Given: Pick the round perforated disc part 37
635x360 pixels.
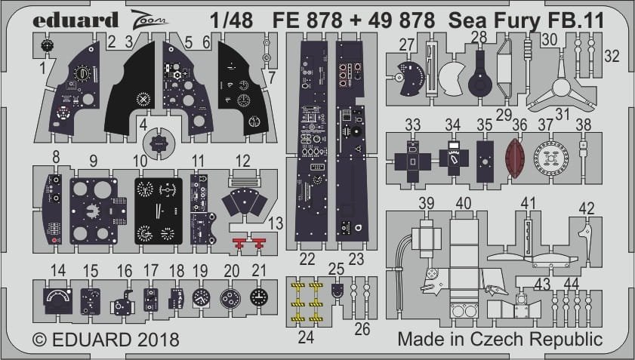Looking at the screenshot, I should (550, 159).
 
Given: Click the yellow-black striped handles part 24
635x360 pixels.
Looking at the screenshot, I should (306, 300).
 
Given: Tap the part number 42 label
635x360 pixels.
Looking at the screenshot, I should (587, 208).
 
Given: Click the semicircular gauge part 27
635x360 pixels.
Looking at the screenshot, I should (410, 78).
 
